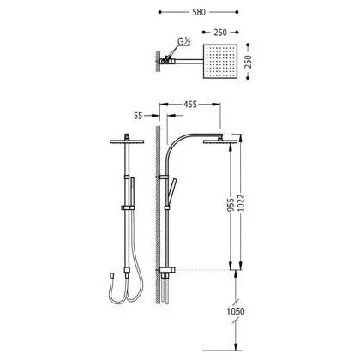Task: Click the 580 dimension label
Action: coord(199,12)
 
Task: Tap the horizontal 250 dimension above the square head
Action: coord(220,33)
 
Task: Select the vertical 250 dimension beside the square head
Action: coord(249,62)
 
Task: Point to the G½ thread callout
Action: coord(184,42)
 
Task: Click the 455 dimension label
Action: coord(190,105)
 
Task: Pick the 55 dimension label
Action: coord(138,116)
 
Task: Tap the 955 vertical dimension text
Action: coord(231,205)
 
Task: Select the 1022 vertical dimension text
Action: coord(241,203)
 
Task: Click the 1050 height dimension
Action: coord(236,311)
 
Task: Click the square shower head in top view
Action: coord(220,62)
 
